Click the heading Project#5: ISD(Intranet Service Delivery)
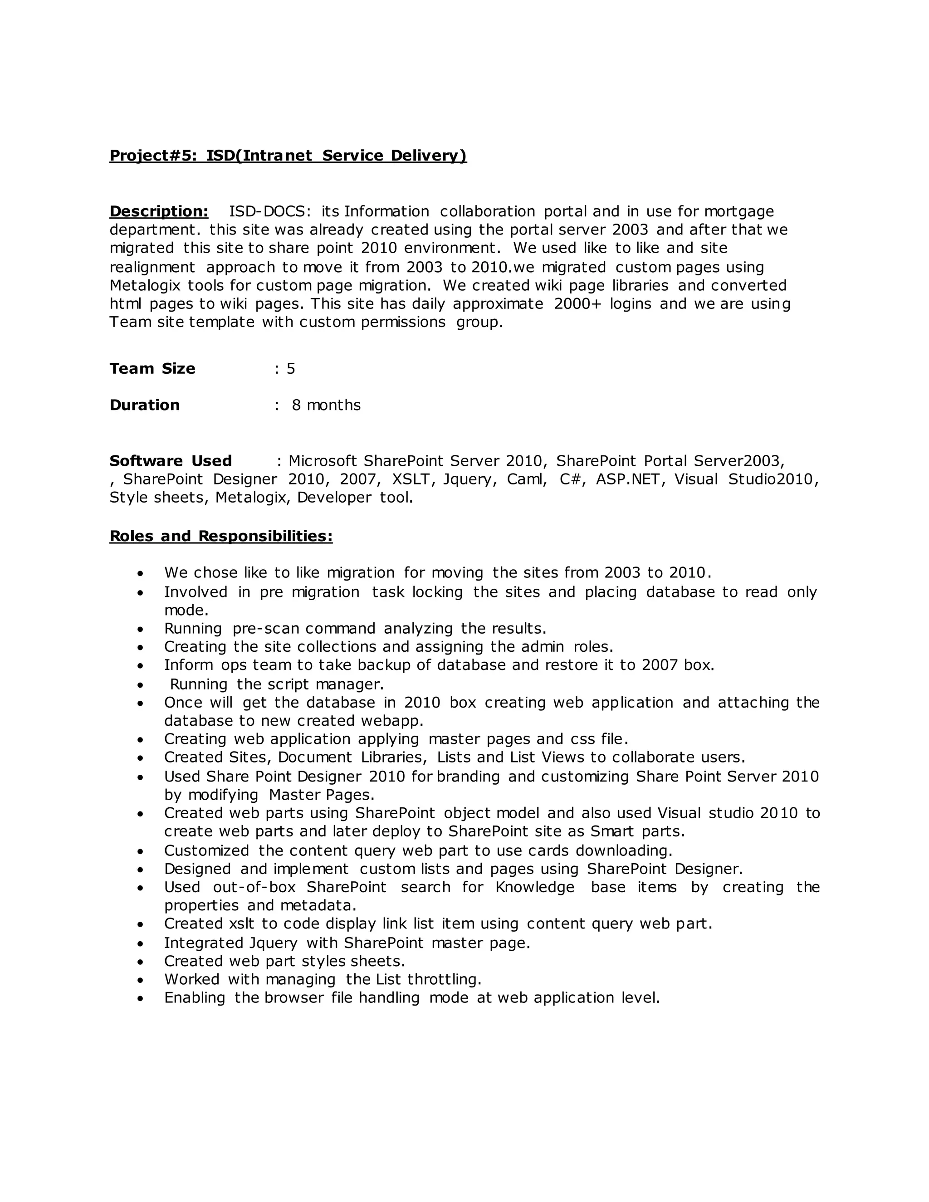[288, 156]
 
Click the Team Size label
[152, 368]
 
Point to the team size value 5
[291, 369]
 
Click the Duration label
[145, 405]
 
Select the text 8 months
[326, 405]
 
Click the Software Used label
[171, 461]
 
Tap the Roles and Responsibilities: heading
[221, 536]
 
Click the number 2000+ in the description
[577, 304]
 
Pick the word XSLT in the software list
[410, 479]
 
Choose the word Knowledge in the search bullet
[534, 887]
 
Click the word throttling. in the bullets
[444, 980]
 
